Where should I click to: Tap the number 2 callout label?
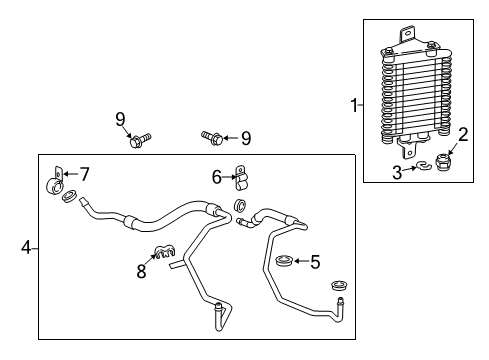coord(462,134)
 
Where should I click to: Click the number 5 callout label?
coord(315,263)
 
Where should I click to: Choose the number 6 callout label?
coord(215,177)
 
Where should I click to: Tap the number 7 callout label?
coord(85,174)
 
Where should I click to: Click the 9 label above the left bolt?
coord(120,120)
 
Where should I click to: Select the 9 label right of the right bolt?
coord(245,137)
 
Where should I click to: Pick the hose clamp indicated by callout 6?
coord(241,176)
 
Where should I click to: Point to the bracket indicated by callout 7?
coord(58,182)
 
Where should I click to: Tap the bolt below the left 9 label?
coord(137,142)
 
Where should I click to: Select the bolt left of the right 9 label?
coord(211,135)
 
